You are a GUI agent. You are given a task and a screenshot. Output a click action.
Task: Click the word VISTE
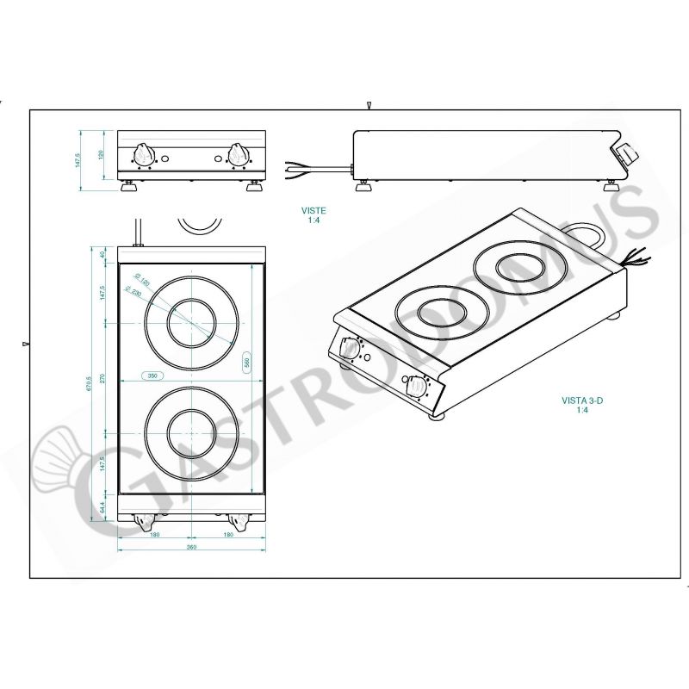(313, 210)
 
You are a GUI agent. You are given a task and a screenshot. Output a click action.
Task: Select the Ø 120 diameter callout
(141, 281)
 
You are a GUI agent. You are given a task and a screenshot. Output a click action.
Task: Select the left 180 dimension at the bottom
(155, 534)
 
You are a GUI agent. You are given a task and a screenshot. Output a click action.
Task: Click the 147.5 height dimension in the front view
(78, 160)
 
